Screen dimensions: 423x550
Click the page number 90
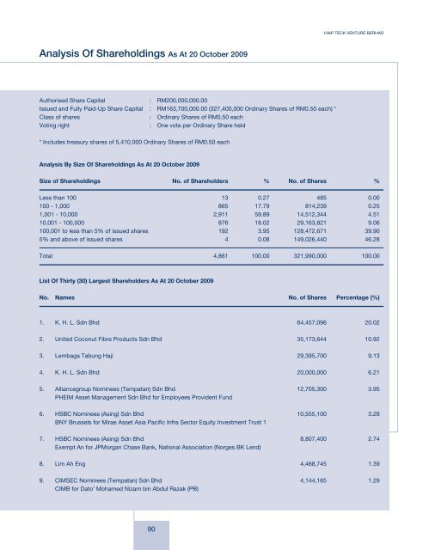point(150,527)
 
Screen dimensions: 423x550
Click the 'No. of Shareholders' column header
point(200,181)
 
